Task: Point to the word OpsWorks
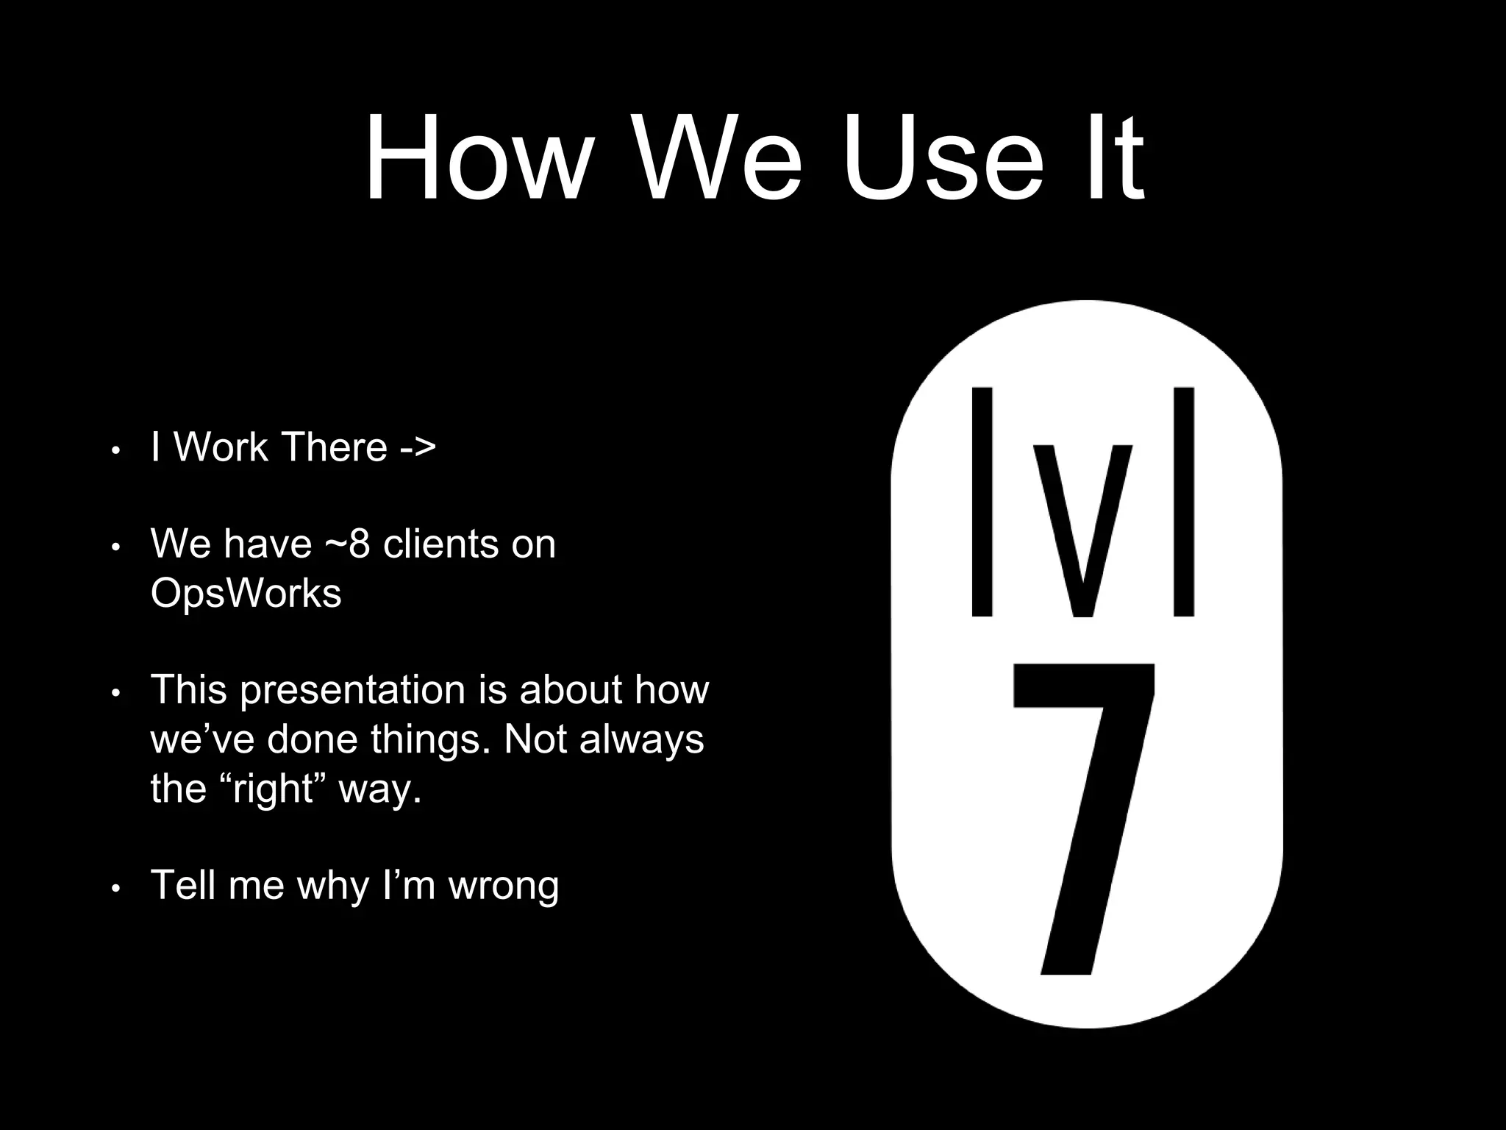click(x=246, y=593)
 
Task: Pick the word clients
click(x=442, y=544)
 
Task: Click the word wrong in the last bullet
click(x=504, y=885)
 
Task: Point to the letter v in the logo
click(x=1082, y=530)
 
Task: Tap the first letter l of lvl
click(x=982, y=502)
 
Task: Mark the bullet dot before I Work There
click(x=115, y=450)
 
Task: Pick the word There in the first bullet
click(x=334, y=447)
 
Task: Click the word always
click(x=641, y=740)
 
